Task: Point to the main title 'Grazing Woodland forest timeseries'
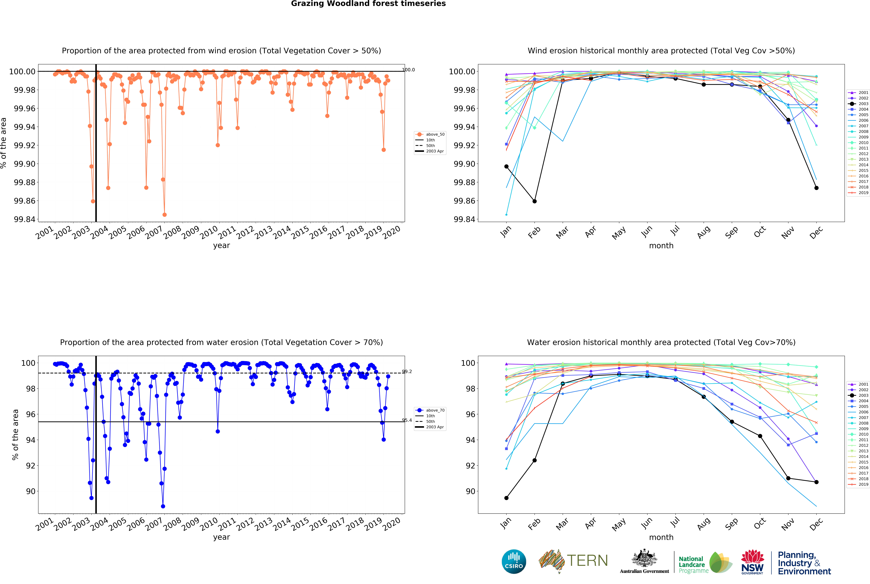pyautogui.click(x=368, y=4)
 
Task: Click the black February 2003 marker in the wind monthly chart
pyautogui.click(x=534, y=201)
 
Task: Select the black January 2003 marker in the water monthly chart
pyautogui.click(x=506, y=498)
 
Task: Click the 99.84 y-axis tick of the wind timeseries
pyautogui.click(x=25, y=219)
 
